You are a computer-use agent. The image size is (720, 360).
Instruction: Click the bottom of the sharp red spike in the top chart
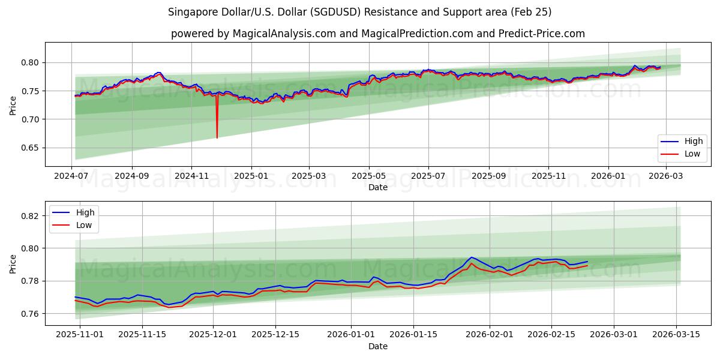(x=217, y=137)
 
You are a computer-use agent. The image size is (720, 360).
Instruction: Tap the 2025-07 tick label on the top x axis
(x=428, y=175)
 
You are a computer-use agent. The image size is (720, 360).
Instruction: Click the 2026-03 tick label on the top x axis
(x=664, y=175)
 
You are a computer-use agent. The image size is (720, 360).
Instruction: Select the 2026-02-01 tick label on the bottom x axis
(x=490, y=335)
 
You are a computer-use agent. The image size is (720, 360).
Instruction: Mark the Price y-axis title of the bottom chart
(x=13, y=263)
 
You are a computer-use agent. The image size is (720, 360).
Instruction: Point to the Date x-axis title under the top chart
(x=378, y=187)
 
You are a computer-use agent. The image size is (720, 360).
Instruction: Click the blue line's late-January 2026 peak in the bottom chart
(x=471, y=257)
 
